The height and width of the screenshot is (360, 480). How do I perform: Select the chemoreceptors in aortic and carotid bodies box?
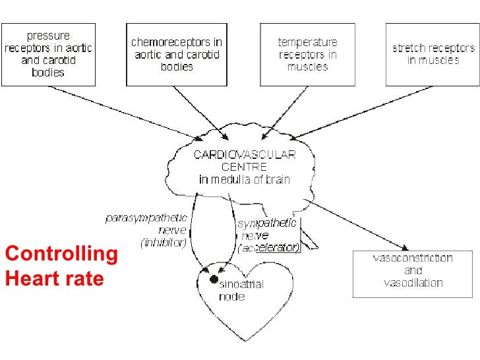177,54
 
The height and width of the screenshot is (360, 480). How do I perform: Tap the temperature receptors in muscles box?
308,54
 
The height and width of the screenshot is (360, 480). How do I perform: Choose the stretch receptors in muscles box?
433,54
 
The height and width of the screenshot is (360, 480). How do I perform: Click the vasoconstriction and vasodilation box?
413,272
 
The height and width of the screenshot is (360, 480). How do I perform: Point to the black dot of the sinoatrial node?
214,280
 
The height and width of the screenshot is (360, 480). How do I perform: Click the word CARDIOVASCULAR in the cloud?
245,155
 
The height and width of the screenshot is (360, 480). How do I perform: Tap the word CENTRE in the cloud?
245,167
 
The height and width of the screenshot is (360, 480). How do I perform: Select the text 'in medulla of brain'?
245,179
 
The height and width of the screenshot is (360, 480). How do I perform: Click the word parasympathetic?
146,218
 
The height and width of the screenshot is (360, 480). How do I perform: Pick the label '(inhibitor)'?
164,243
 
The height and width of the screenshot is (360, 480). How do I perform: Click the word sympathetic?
267,224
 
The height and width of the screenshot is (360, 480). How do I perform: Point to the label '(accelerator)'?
269,248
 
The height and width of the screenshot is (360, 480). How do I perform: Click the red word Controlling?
61,255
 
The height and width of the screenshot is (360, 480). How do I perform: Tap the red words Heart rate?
54,279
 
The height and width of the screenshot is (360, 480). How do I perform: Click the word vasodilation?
413,283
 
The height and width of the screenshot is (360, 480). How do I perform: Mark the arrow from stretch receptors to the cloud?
356,112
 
